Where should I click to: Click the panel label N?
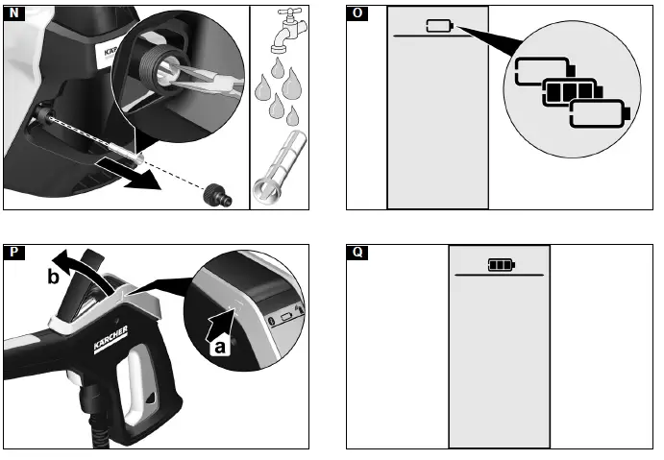point(13,13)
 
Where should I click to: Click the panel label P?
point(13,254)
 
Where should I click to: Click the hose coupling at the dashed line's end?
point(214,197)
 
